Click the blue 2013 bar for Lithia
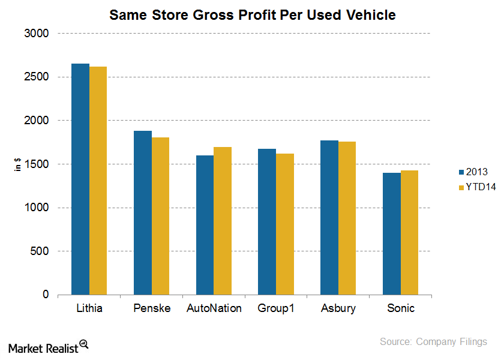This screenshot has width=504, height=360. pyautogui.click(x=80, y=179)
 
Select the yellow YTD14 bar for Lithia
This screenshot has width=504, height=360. pyautogui.click(x=98, y=181)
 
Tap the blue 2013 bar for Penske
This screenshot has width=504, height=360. pyautogui.click(x=143, y=213)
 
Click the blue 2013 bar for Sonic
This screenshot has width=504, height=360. pyautogui.click(x=391, y=234)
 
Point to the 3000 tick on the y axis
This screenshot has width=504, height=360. pyautogui.click(x=37, y=34)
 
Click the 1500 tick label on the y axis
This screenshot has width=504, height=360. pyautogui.click(x=37, y=164)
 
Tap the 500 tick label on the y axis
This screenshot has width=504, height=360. pyautogui.click(x=40, y=251)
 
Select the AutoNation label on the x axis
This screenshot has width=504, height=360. pyautogui.click(x=214, y=308)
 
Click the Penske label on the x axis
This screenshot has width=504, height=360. pyautogui.click(x=152, y=308)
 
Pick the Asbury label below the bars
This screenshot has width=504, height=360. pyautogui.click(x=338, y=308)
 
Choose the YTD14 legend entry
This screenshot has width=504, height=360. pyautogui.click(x=472, y=187)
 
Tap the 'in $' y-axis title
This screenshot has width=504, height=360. pyautogui.click(x=19, y=164)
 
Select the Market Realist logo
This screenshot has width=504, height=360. pyautogui.click(x=49, y=346)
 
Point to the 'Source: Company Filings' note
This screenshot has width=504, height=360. pyautogui.click(x=433, y=341)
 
